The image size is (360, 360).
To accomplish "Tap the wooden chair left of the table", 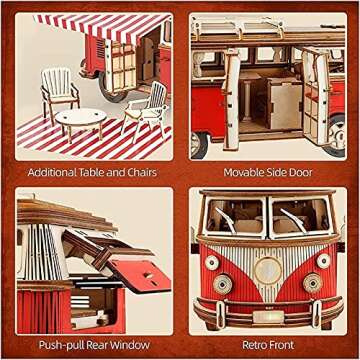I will pyautogui.click(x=61, y=91).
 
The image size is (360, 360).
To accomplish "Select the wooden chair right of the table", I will pyautogui.click(x=148, y=108).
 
